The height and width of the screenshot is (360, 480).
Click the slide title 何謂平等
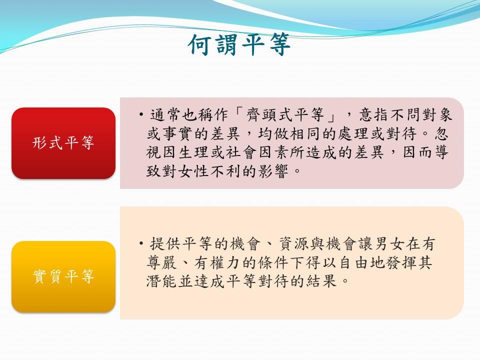point(239,45)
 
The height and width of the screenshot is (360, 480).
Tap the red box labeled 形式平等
point(63,143)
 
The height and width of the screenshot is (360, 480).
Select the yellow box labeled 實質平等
point(63,276)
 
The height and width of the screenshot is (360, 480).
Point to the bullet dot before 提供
point(141,244)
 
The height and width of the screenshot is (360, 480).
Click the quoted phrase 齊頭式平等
point(285,115)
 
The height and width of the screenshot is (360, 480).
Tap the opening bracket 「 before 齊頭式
point(237,114)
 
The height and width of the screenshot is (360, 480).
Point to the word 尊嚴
point(162,262)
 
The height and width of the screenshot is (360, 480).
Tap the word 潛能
point(162,281)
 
